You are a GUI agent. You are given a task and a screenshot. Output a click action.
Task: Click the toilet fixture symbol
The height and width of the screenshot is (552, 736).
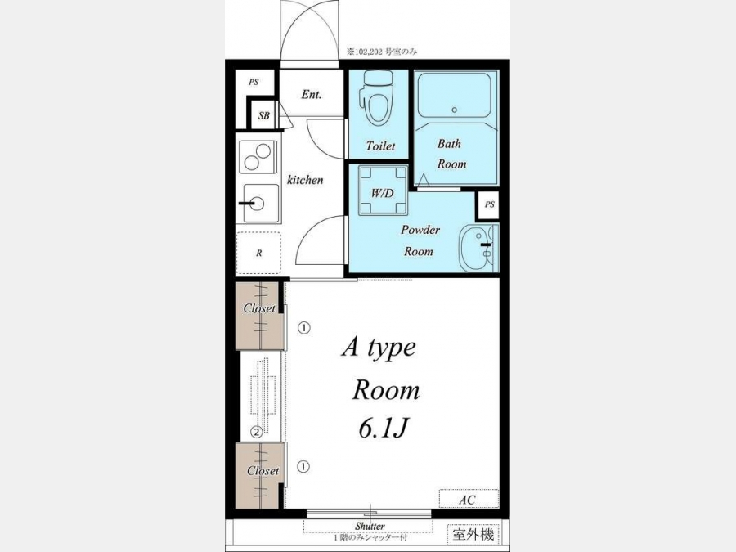[x=376, y=99]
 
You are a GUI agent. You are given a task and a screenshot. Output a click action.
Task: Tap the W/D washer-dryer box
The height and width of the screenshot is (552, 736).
[x=383, y=190]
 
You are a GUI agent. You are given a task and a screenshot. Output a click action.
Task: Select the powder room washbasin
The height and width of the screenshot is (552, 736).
[x=478, y=247]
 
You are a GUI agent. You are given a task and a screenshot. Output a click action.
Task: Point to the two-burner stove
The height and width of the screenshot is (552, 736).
[x=258, y=157]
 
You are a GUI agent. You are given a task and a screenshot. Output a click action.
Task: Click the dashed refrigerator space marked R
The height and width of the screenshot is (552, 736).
[x=258, y=253]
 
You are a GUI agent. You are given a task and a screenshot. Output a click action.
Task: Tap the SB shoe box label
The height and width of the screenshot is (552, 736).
[x=264, y=115]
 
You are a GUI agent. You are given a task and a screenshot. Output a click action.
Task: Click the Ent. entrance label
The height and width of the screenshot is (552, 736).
[x=312, y=95]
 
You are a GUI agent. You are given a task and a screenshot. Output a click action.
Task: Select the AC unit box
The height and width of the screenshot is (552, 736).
[x=469, y=499]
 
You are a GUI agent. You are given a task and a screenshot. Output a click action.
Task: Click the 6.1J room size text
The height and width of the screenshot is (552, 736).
[x=383, y=428]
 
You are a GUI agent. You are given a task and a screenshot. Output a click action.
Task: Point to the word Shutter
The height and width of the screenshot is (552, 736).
[x=370, y=526]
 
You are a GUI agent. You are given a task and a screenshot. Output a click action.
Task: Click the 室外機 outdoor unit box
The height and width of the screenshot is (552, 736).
[x=473, y=534]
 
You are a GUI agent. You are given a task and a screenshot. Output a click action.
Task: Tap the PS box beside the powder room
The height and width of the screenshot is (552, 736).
[x=489, y=204]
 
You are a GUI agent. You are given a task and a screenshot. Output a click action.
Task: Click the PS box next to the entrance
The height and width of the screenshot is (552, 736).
[x=254, y=82]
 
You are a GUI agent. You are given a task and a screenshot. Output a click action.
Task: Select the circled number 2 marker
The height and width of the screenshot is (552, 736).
[x=256, y=432]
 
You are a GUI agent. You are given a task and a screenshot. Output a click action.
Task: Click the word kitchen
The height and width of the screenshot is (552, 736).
[x=305, y=180]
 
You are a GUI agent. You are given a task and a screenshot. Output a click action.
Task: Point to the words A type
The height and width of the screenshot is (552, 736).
[x=379, y=348]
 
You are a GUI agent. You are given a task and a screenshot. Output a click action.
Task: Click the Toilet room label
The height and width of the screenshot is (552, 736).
[x=380, y=146]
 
